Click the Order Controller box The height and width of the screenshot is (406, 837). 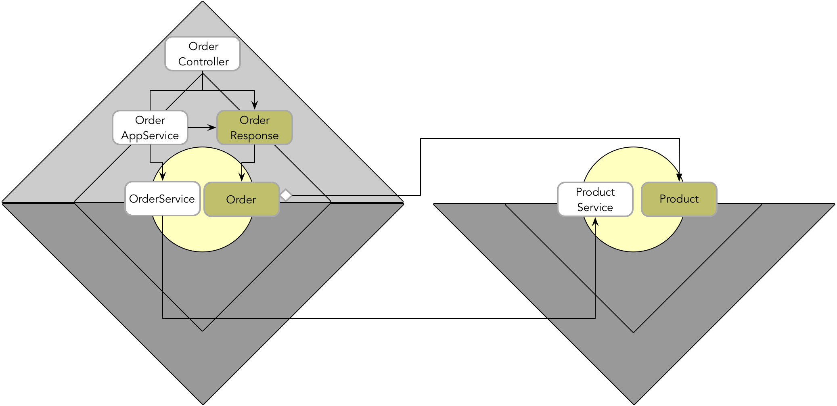203,54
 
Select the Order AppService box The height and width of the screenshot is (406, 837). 150,128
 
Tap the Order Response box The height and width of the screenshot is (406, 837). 255,128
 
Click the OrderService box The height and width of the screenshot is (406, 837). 163,199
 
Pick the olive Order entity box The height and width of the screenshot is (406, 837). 241,199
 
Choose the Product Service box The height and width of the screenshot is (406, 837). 595,199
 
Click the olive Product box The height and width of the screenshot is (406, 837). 679,199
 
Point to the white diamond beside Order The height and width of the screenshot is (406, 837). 286,195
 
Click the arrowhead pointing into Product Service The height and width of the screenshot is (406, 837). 595,221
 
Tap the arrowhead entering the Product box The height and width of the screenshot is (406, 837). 680,178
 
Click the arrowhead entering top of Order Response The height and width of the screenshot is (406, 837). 255,105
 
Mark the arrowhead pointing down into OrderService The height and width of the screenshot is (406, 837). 163,176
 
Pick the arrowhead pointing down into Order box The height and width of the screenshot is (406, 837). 242,177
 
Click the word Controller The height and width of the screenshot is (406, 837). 203,62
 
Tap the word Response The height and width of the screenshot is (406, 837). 254,136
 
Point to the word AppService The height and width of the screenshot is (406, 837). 150,136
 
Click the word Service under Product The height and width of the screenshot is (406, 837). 595,207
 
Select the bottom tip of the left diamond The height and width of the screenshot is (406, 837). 203,403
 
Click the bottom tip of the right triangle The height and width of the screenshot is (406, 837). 634,403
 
